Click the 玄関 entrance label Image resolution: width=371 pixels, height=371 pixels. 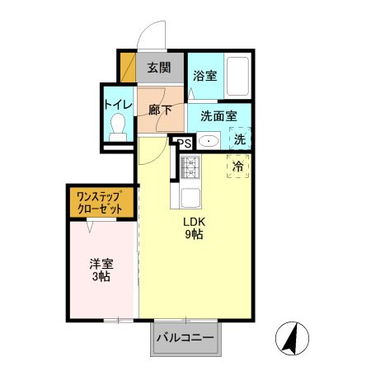pos(159,68)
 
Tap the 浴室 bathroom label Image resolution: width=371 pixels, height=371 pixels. pos(205,76)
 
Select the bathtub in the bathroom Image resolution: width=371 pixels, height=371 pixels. pos(238,76)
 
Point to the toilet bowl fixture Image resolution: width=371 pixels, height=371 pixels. pos(118,128)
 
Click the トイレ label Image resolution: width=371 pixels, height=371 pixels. pos(118,105)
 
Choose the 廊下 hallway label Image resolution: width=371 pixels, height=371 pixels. pos(160,110)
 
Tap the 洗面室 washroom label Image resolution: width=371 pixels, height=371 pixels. pos(218,116)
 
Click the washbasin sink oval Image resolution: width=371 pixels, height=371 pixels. pos(209,142)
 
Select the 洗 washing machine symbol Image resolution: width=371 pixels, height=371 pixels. pos(240,139)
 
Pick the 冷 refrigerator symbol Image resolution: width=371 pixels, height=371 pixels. pos(238,166)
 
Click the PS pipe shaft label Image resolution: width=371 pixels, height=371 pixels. pos(185,143)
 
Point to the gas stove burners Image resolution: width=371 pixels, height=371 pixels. pos(190,167)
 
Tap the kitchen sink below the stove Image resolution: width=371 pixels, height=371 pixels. pos(190,198)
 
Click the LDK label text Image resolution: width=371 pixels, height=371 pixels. pos(195,222)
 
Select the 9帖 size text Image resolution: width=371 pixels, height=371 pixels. pos(195,234)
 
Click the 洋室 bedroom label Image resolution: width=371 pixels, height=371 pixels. pos(101,264)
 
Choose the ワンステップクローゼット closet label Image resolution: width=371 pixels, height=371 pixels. pos(100,203)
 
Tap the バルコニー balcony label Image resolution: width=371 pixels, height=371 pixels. pos(185,337)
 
